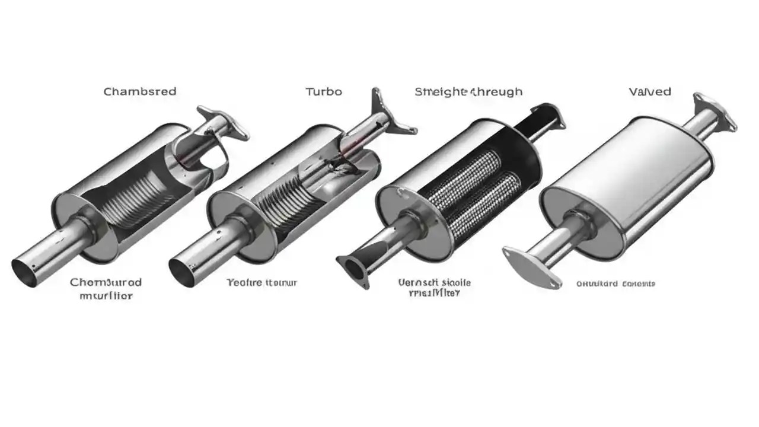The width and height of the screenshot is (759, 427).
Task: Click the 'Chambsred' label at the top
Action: (x=140, y=91)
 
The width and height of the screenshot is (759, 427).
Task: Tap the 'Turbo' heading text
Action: (x=323, y=92)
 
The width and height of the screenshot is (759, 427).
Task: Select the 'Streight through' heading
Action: (x=468, y=91)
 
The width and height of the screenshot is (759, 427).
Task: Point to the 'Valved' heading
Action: (x=650, y=91)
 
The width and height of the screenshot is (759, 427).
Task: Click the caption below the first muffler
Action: (x=106, y=288)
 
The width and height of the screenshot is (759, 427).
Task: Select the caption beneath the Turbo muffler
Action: (x=262, y=283)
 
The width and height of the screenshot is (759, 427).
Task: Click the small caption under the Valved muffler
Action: (x=616, y=284)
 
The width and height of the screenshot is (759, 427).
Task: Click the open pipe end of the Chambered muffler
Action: (x=25, y=269)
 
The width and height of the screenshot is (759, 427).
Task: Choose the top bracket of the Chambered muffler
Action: (x=224, y=122)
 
